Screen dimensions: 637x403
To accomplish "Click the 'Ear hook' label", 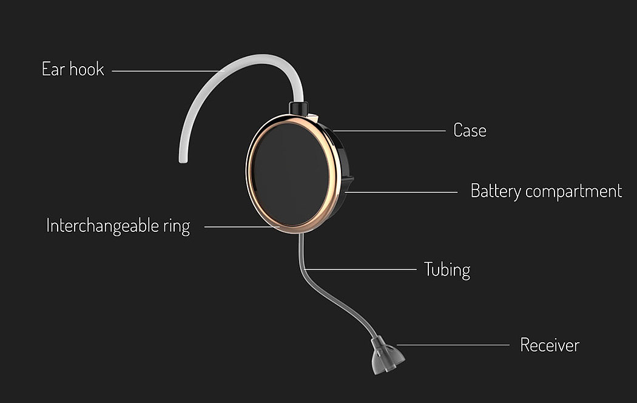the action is [73, 69].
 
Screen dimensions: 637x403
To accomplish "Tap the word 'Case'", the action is [470, 130].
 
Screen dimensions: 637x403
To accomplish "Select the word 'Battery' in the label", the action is [496, 191].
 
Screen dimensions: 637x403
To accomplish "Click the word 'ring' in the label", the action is [176, 227].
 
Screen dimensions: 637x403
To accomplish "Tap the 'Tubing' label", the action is [447, 269].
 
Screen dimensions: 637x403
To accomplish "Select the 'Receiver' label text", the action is [550, 345].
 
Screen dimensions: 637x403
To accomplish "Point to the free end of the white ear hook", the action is [181, 159].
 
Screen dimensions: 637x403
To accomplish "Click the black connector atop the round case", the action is [297, 108].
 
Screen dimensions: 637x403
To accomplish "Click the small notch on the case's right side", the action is [349, 180].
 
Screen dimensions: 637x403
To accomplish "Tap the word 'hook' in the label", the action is [87, 69].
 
